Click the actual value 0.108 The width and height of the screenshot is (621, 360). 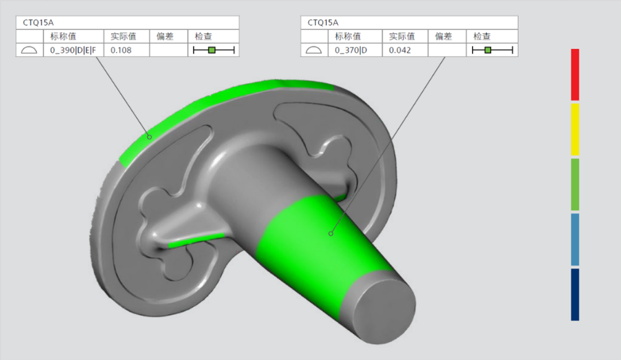(121, 50)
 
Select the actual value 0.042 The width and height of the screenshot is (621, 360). (399, 50)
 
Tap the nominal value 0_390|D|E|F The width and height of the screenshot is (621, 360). (73, 50)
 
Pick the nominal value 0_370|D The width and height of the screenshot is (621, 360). (351, 50)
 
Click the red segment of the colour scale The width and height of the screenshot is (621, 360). (575, 74)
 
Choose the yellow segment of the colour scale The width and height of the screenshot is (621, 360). (575, 130)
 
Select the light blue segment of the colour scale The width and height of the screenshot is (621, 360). (575, 240)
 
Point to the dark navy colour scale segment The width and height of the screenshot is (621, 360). (575, 295)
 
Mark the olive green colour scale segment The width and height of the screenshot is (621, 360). (575, 184)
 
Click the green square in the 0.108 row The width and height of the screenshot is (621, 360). (212, 50)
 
